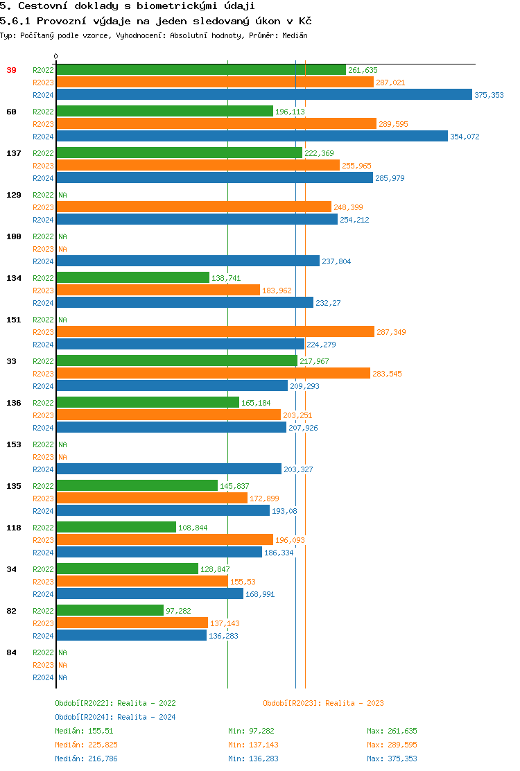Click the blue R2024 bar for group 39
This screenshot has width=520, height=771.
pyautogui.click(x=263, y=95)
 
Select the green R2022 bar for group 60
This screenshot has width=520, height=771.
pyautogui.click(x=164, y=111)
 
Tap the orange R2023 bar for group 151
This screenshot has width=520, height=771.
pyautogui.click(x=215, y=332)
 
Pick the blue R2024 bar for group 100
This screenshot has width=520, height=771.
pyautogui.click(x=187, y=261)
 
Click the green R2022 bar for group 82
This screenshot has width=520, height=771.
pyautogui.click(x=110, y=610)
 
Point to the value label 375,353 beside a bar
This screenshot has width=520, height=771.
pyautogui.click(x=489, y=95)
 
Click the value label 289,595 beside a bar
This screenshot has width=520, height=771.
pyautogui.click(x=393, y=124)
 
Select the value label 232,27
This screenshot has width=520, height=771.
pyautogui.click(x=328, y=303)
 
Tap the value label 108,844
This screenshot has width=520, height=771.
pyautogui.click(x=193, y=528)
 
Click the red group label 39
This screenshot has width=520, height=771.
pyautogui.click(x=11, y=70)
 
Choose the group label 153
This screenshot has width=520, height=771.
pyautogui.click(x=13, y=444)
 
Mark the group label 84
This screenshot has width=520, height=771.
pyautogui.click(x=11, y=652)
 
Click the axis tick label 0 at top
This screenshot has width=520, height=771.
pyautogui.click(x=56, y=56)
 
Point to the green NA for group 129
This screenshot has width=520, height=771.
pyautogui.click(x=62, y=195)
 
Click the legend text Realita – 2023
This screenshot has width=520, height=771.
pyautogui.click(x=354, y=703)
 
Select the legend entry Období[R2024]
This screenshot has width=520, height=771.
pyautogui.click(x=85, y=717)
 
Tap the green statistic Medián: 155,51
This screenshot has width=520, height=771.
pyautogui.click(x=84, y=731)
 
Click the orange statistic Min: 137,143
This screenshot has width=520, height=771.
pyautogui.click(x=253, y=745)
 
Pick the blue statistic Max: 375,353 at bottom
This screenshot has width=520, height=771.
pyautogui.click(x=392, y=759)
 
